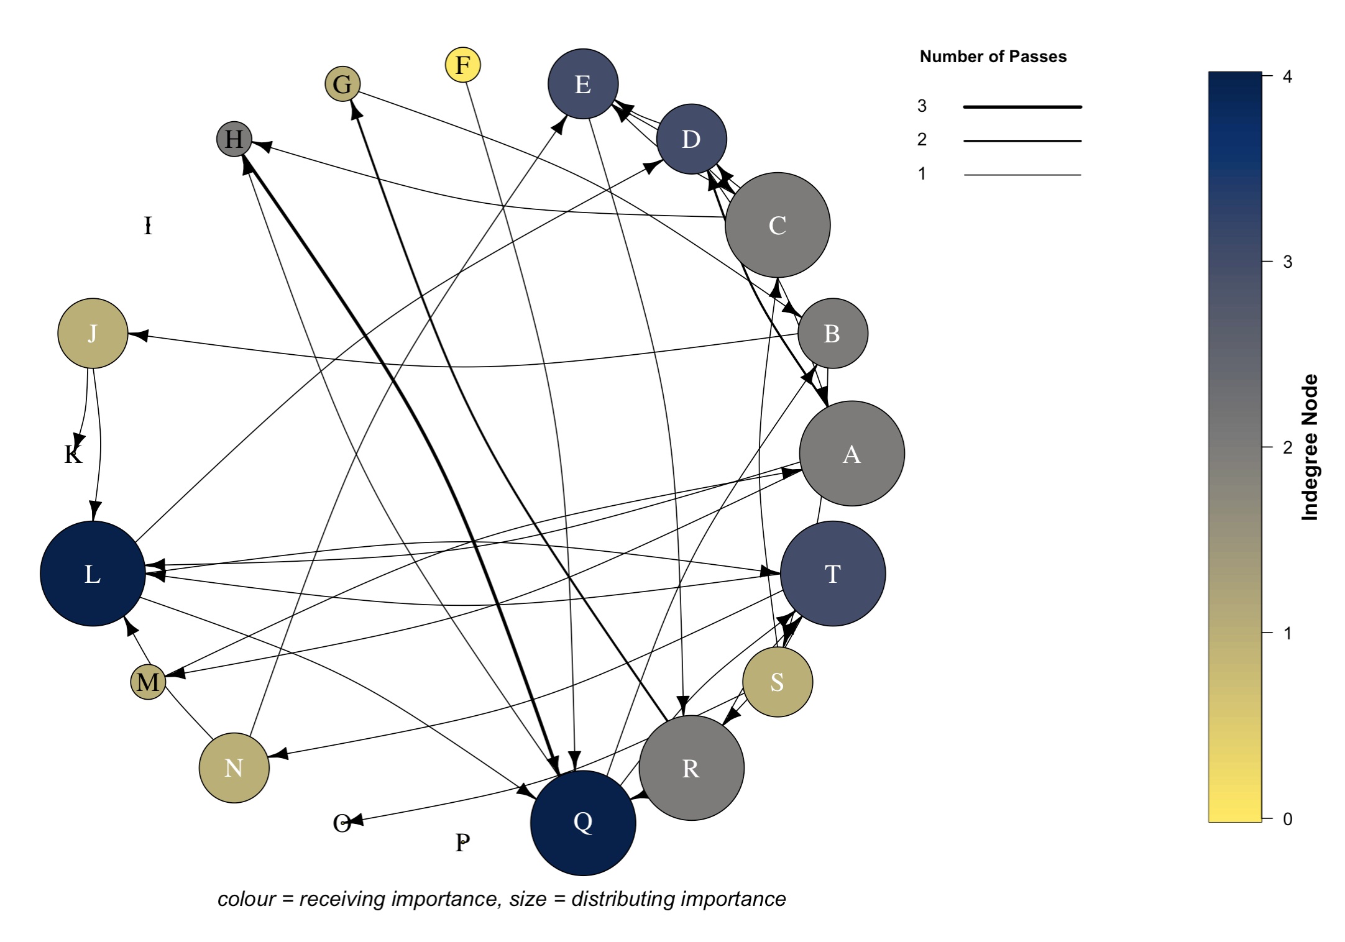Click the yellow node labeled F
(x=463, y=65)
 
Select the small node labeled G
(x=342, y=84)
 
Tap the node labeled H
(x=234, y=139)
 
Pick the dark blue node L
(x=93, y=574)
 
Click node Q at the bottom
(x=583, y=823)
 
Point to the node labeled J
(x=93, y=334)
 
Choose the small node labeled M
(x=148, y=682)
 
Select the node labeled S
(x=777, y=682)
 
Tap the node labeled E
(x=583, y=84)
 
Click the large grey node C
(x=777, y=225)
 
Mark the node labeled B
(x=832, y=334)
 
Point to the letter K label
(x=73, y=455)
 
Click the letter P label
(x=462, y=843)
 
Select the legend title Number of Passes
(x=993, y=57)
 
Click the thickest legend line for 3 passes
(x=1022, y=107)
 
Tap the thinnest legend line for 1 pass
(x=1022, y=175)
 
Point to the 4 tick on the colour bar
(x=1287, y=76)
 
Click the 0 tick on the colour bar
(x=1287, y=819)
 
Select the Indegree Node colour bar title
(x=1310, y=447)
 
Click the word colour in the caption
(x=246, y=899)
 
